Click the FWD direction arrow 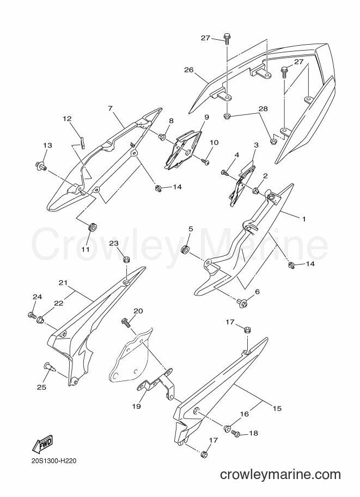[x=42, y=444]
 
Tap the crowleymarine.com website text [x=280, y=475]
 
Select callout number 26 [x=189, y=70]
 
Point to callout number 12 [x=67, y=119]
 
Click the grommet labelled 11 [x=92, y=228]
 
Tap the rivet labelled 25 [x=50, y=367]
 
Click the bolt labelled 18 [x=236, y=433]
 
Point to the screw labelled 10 [x=205, y=162]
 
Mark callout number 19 [x=136, y=406]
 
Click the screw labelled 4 [x=225, y=173]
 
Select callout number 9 [x=206, y=117]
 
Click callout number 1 [x=303, y=219]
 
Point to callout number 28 [x=263, y=109]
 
